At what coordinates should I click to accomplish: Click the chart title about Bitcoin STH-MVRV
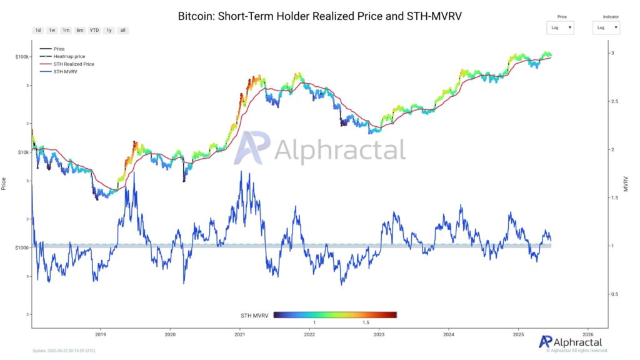320,16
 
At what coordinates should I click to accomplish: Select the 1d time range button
38,30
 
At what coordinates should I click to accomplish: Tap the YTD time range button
94,30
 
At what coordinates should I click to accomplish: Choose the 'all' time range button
122,30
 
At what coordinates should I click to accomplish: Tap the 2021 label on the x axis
239,335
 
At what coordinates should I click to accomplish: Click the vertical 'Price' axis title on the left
4,183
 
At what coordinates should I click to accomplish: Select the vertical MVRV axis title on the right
625,183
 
